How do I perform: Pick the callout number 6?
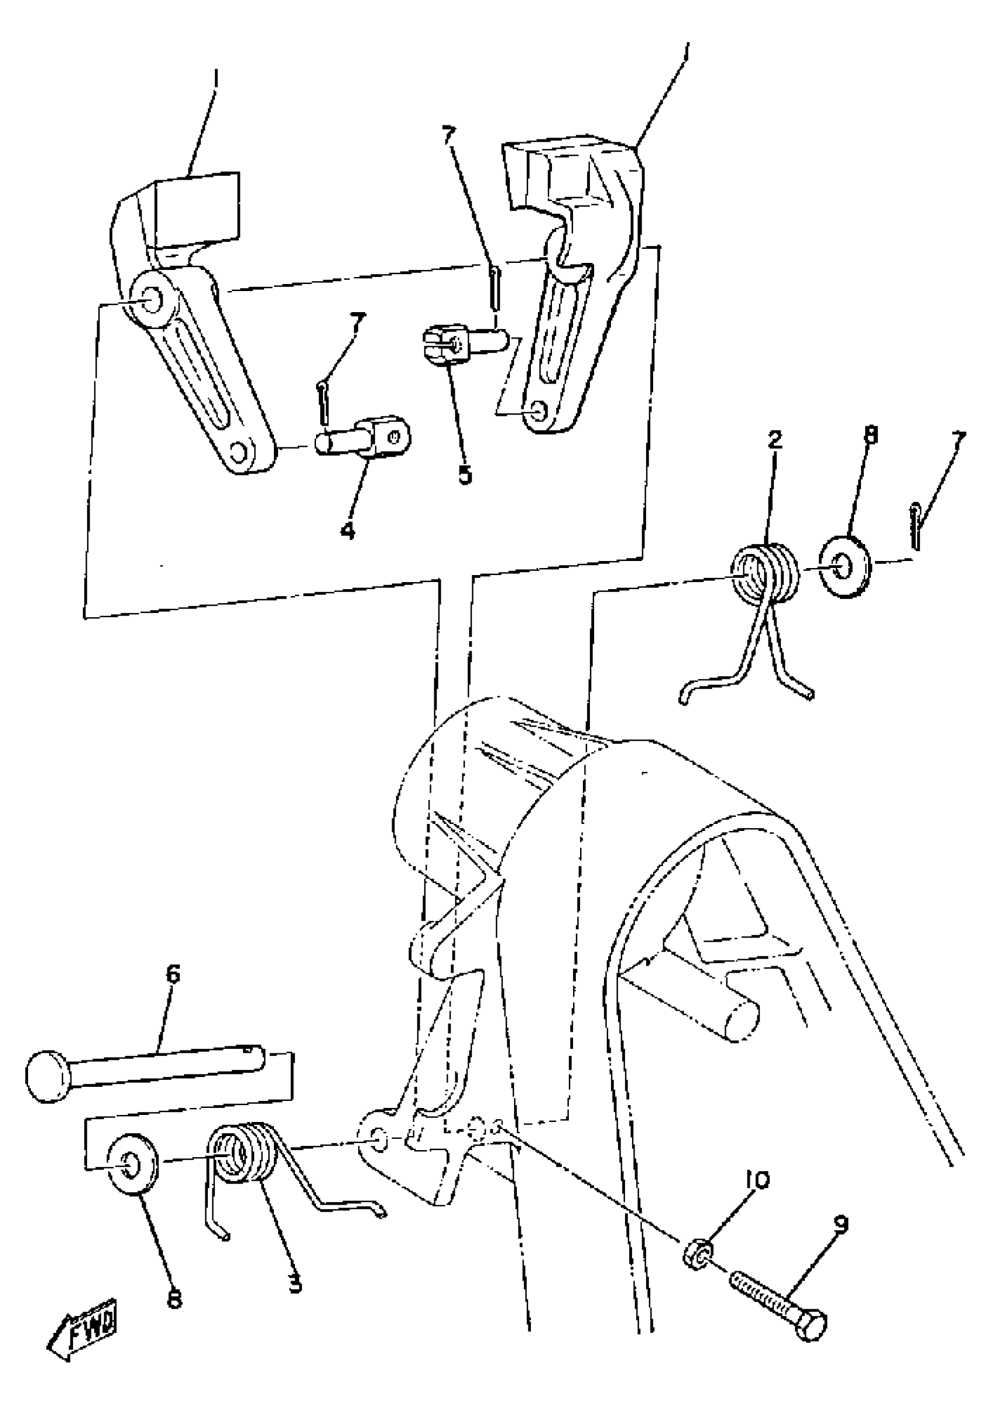173,974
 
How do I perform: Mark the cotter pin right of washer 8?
915,526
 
